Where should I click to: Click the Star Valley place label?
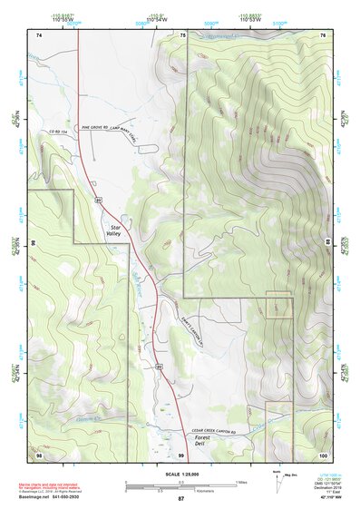coord(113,230)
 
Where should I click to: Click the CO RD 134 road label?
coord(60,133)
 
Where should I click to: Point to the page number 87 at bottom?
coord(180,499)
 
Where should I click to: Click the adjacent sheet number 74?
coord(39,34)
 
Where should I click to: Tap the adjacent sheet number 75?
coord(181,34)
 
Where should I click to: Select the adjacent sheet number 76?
coord(321,34)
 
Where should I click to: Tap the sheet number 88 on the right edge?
coord(326,241)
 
